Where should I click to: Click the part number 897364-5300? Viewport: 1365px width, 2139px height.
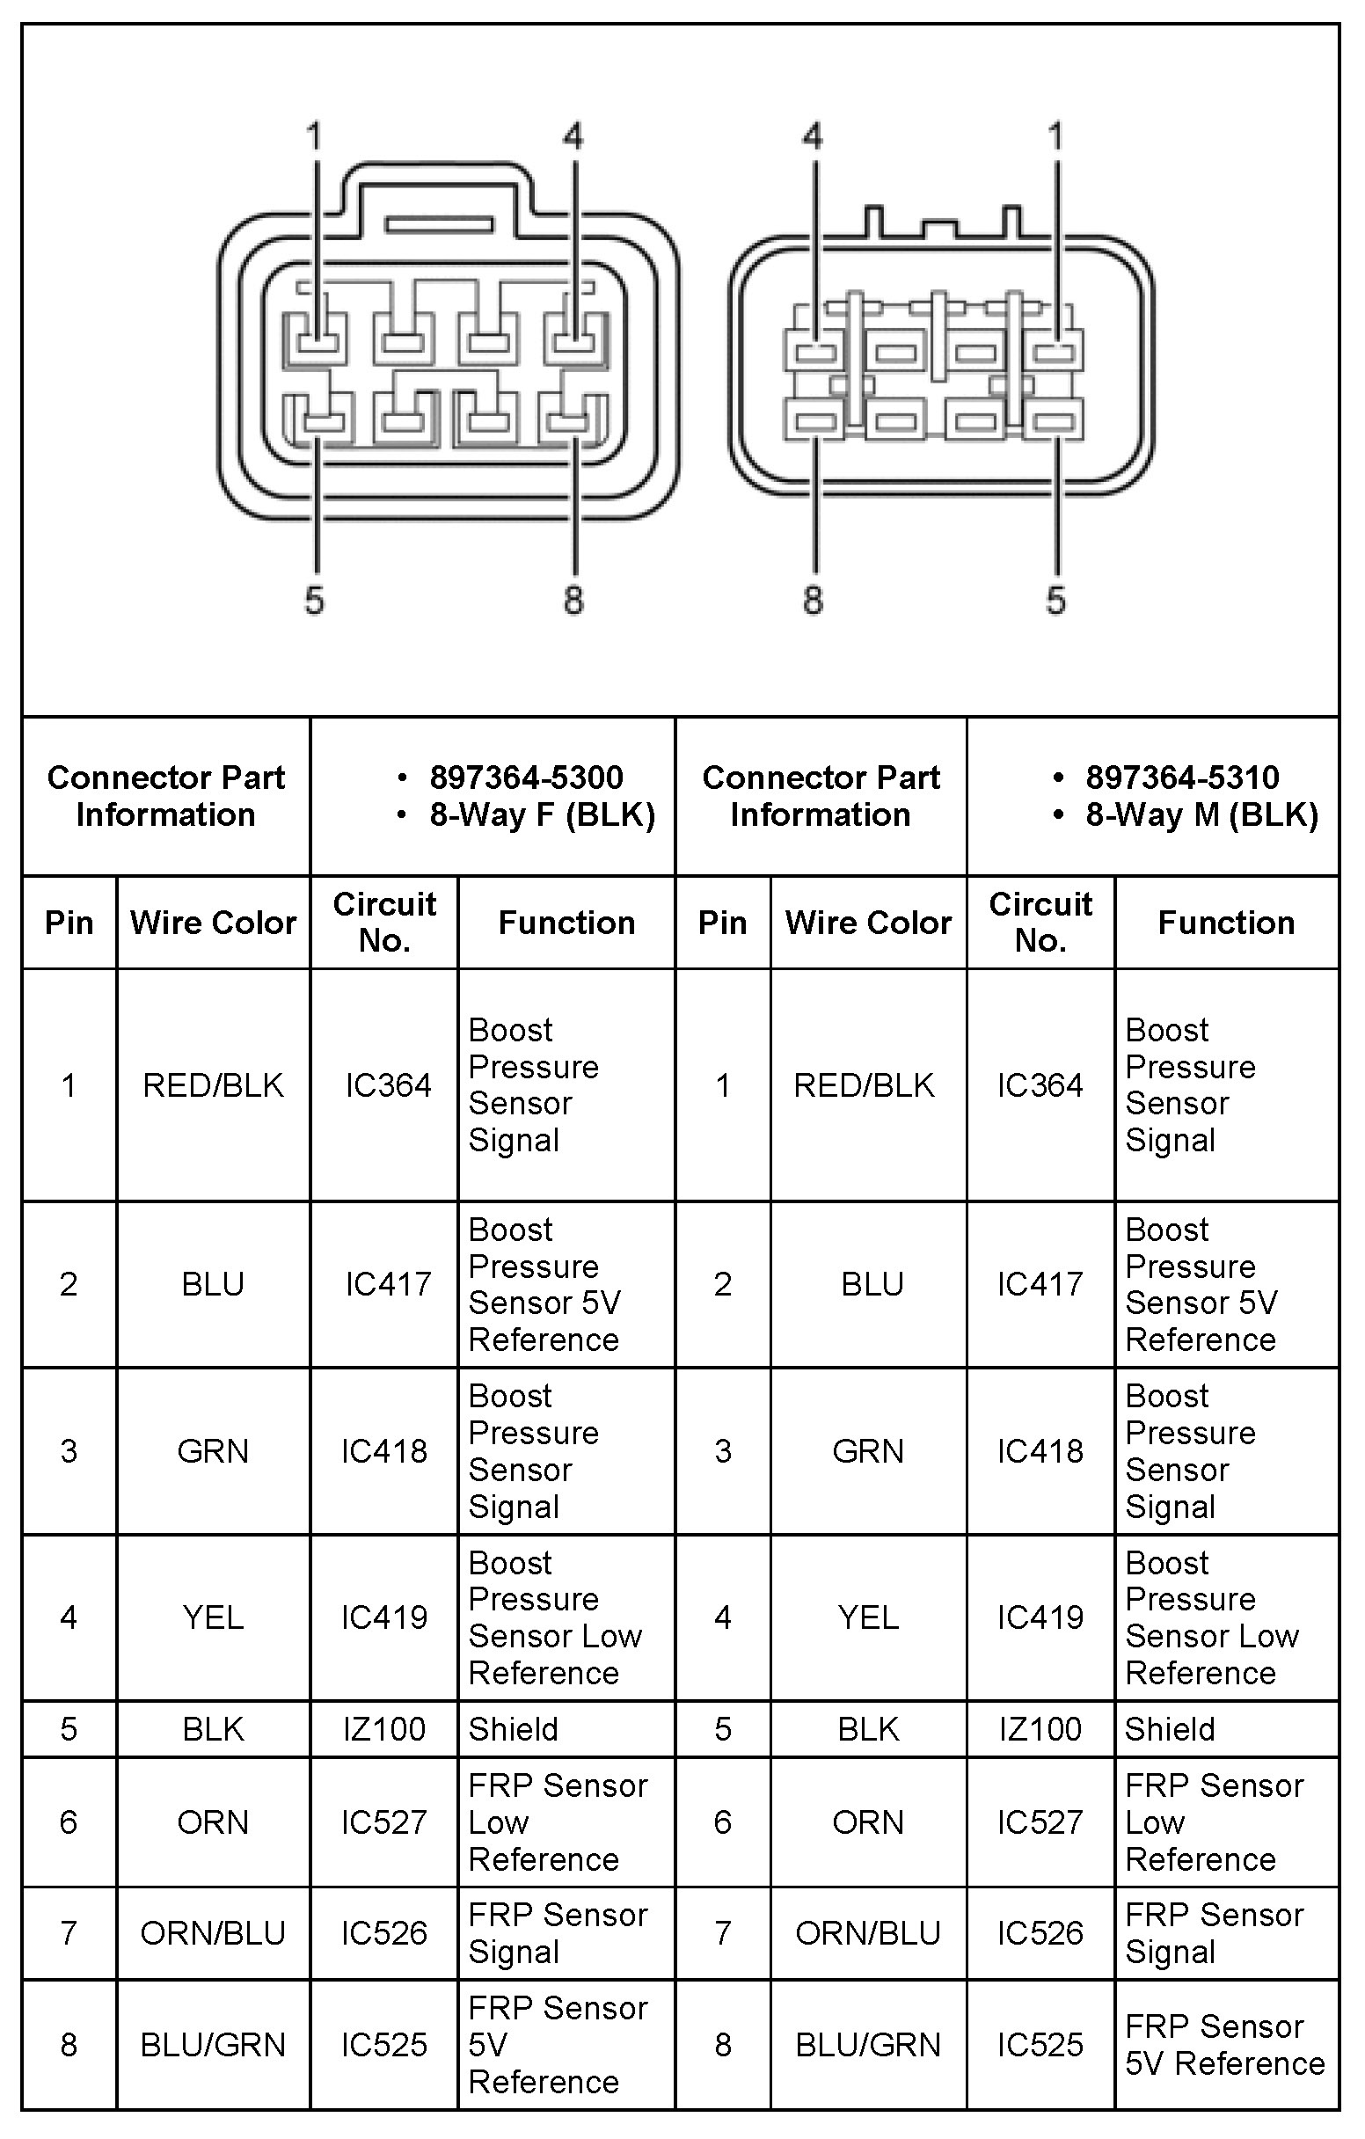[526, 778]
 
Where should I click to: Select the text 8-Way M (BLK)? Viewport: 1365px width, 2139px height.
[1201, 815]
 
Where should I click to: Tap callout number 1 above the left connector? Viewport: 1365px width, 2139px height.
[313, 137]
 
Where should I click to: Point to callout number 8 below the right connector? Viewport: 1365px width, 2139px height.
[813, 601]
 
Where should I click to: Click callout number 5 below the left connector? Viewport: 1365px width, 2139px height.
[314, 601]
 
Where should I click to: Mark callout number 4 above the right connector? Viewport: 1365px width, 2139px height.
[813, 137]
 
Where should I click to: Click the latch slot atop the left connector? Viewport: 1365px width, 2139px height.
[439, 225]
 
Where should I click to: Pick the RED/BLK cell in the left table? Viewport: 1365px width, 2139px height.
[213, 1084]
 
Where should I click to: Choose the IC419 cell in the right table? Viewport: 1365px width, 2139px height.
[1040, 1617]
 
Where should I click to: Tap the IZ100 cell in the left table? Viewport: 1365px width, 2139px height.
[384, 1729]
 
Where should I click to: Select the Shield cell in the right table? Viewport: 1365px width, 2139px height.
[1170, 1729]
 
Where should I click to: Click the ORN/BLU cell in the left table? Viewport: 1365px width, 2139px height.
[213, 1933]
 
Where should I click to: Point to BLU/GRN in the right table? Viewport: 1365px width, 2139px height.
[868, 2045]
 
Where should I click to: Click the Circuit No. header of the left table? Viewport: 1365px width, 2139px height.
[384, 922]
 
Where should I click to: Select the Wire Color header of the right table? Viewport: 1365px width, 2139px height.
[868, 923]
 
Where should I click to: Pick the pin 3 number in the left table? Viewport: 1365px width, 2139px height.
[69, 1451]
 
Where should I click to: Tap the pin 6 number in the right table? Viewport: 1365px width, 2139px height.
[723, 1822]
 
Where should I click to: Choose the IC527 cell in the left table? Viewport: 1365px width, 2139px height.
[384, 1822]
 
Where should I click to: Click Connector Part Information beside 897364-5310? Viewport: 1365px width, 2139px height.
[821, 796]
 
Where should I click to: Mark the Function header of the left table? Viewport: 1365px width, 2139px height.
[566, 923]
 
